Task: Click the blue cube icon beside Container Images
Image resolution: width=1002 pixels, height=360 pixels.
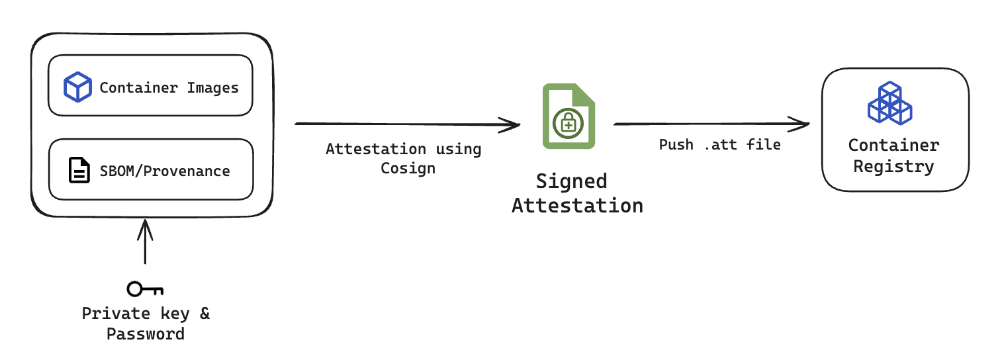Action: click(77, 87)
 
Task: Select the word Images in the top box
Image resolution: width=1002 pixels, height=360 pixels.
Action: click(213, 87)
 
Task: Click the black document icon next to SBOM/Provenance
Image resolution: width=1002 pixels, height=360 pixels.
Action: click(79, 171)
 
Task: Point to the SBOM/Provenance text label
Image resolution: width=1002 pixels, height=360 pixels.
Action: click(165, 171)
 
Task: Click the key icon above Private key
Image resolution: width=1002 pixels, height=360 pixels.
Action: click(145, 289)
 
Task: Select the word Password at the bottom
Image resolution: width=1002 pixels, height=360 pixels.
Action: click(146, 334)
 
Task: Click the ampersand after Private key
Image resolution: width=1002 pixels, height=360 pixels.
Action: click(205, 313)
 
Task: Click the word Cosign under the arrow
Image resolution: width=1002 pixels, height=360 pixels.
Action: click(408, 168)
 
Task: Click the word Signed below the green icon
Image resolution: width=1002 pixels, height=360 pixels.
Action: click(571, 181)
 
